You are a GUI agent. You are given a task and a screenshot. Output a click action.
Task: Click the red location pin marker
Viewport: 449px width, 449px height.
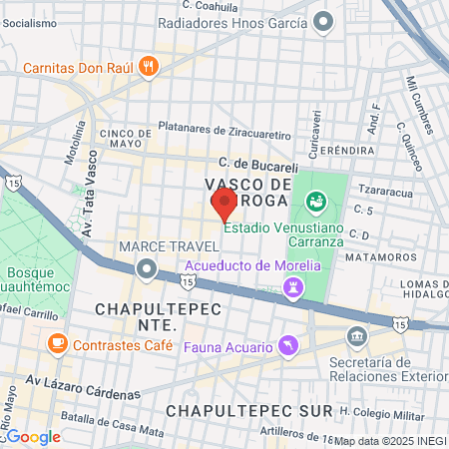point(224,205)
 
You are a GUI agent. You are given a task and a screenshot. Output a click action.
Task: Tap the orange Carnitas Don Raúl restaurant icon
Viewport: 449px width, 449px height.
point(149,67)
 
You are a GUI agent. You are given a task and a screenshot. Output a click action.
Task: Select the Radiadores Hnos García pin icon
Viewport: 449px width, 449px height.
point(323,20)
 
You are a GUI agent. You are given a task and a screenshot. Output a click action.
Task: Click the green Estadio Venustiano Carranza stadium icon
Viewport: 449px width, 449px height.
point(316,202)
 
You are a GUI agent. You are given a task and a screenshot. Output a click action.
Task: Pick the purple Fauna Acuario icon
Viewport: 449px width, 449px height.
point(288,345)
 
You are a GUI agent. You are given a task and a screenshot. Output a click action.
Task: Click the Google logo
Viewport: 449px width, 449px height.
point(32,436)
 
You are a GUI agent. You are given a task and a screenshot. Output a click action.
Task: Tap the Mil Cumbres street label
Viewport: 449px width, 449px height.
point(419,104)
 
